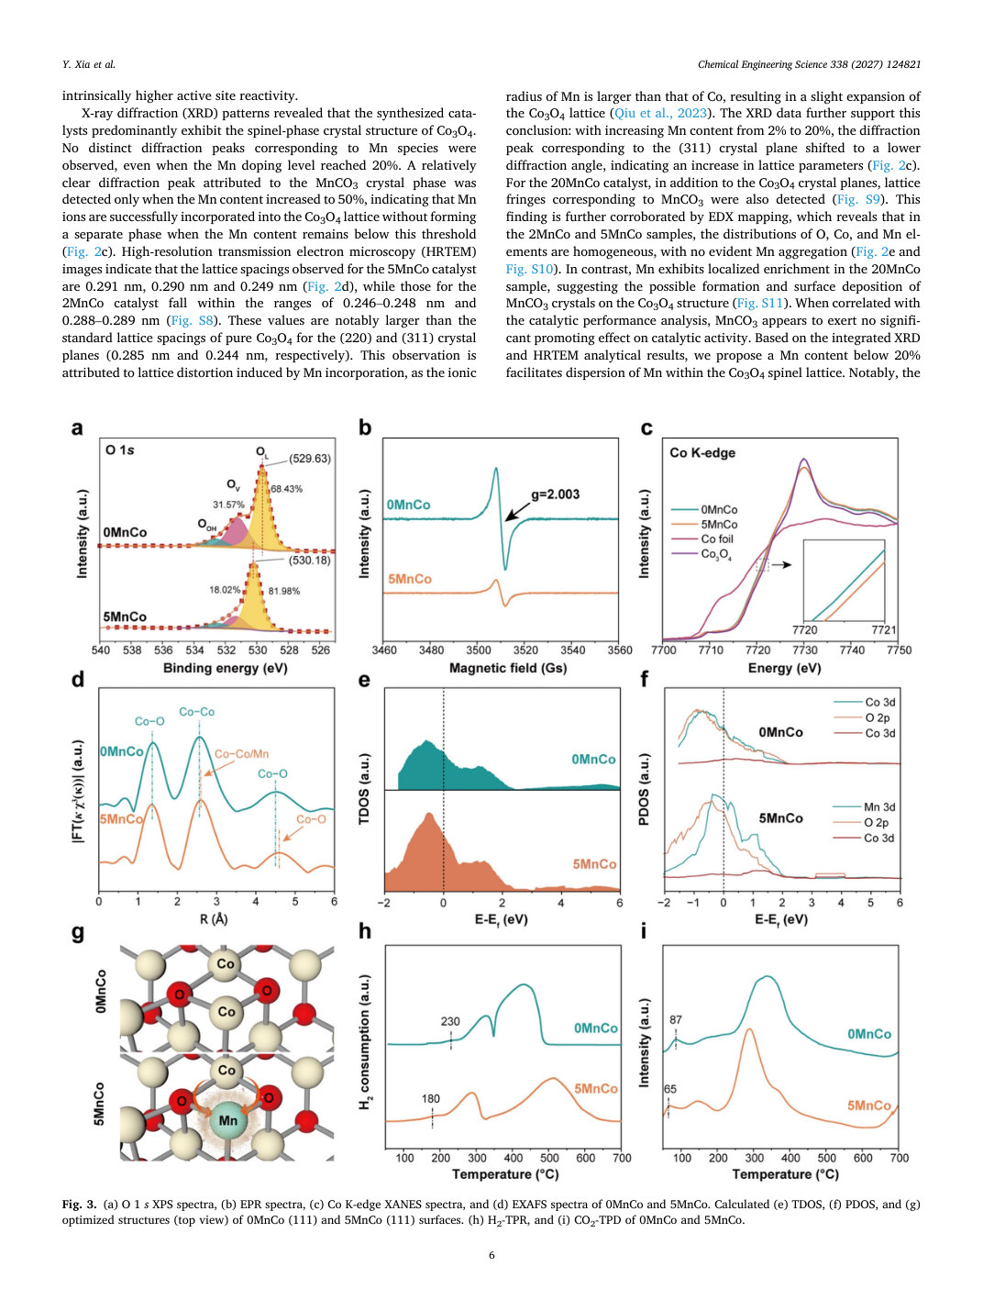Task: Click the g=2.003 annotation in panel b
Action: pyautogui.click(x=555, y=494)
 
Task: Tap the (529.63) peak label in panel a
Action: pyautogui.click(x=309, y=459)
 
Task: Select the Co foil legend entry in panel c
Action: pyautogui.click(x=717, y=539)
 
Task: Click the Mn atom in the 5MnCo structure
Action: pyautogui.click(x=226, y=1119)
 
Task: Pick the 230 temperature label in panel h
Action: pyautogui.click(x=450, y=1021)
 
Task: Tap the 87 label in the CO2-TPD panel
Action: pyautogui.click(x=675, y=1019)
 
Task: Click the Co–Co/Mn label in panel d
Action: pyautogui.click(x=242, y=754)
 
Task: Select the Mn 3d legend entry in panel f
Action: pyautogui.click(x=879, y=807)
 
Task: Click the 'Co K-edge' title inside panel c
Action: pyautogui.click(x=701, y=452)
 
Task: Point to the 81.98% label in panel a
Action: pyautogui.click(x=284, y=591)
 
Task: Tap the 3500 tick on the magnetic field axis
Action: pyautogui.click(x=478, y=650)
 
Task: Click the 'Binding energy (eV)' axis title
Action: pyautogui.click(x=225, y=668)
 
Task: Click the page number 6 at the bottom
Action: pyautogui.click(x=491, y=1255)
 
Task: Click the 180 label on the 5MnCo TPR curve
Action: pyautogui.click(x=430, y=1098)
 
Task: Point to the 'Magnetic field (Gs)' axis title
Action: pyautogui.click(x=508, y=668)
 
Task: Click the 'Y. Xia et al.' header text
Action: pyautogui.click(x=89, y=64)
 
